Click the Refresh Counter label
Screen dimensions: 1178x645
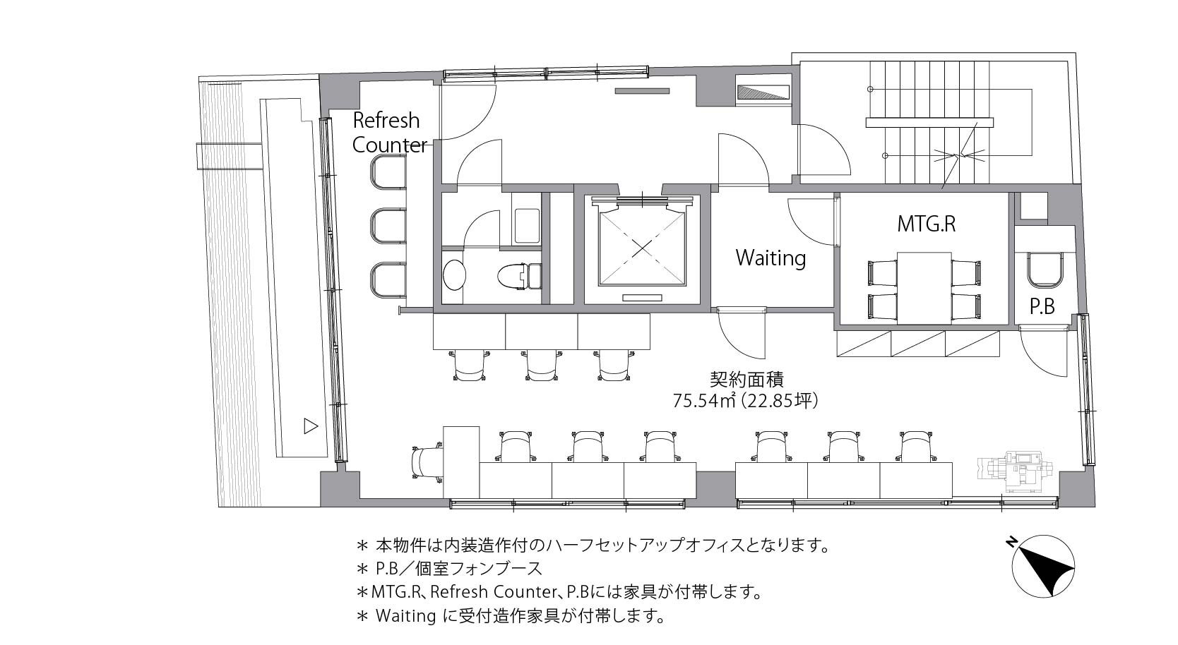pos(389,133)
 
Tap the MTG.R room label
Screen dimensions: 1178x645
pos(926,224)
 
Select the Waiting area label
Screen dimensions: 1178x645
pos(771,258)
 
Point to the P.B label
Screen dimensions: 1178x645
pos(1042,306)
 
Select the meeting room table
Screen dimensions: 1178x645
pos(924,288)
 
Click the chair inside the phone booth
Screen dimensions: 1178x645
pos(1045,270)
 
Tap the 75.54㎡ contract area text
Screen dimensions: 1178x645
pos(746,401)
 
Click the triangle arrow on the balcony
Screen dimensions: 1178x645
pos(311,426)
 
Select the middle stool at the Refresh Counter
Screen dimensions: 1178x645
pos(388,226)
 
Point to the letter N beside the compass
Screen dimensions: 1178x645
pos(1010,543)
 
